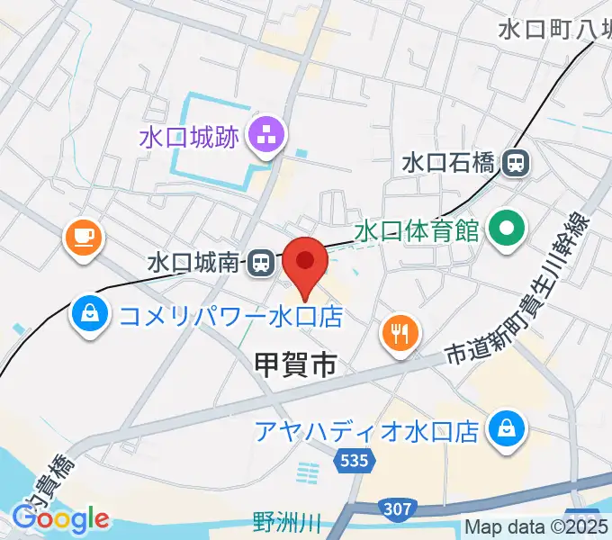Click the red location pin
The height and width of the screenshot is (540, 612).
click(305, 263)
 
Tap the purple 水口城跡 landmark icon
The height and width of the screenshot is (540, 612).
click(266, 138)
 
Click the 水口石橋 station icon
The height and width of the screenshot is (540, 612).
click(516, 162)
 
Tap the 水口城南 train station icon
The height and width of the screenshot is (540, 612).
click(259, 263)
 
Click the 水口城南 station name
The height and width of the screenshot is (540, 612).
click(193, 264)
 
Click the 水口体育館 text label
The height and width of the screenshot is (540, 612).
click(416, 230)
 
